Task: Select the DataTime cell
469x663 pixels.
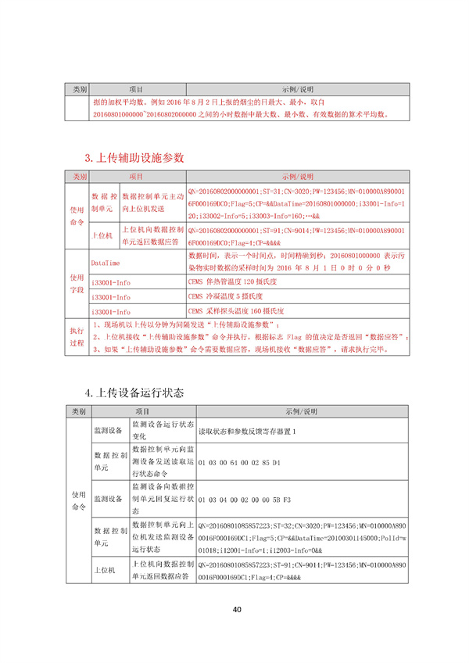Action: [106, 263]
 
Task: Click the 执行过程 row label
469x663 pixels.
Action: [76, 337]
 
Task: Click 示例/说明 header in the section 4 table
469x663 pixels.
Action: [297, 412]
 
